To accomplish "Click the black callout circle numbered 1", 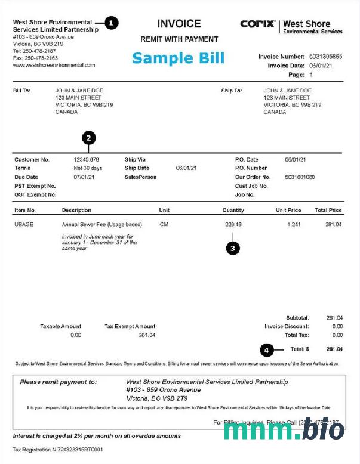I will click(112, 23).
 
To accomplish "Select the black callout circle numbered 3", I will click(233, 248).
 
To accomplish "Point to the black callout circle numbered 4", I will click(267, 349).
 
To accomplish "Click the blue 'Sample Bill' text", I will click(178, 58).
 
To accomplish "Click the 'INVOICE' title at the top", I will click(179, 24).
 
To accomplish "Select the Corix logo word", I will click(258, 24).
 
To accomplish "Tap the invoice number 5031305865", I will click(326, 57).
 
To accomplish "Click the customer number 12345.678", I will click(86, 160).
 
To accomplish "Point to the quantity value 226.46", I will click(233, 225).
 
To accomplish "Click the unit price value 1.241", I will click(293, 225).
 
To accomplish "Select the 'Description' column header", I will click(76, 210).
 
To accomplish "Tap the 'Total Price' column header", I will click(328, 210).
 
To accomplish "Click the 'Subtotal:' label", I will click(297, 318).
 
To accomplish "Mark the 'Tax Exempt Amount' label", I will click(130, 326).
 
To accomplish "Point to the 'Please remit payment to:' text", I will click(58, 382).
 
